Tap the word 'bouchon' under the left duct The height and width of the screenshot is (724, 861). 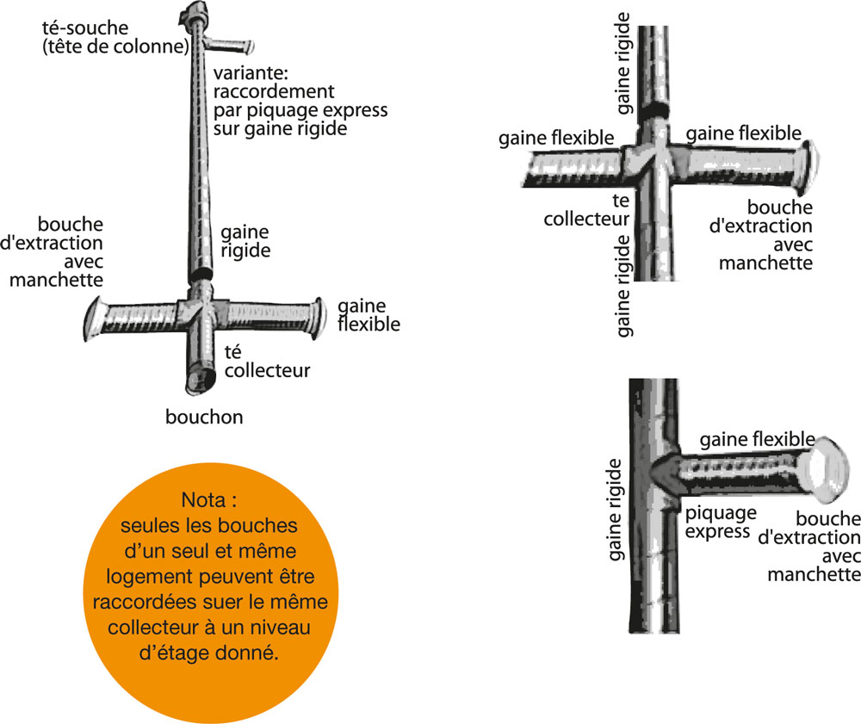204,418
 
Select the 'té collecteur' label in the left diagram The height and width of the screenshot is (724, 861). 266,362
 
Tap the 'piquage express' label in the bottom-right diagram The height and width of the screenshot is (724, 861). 721,523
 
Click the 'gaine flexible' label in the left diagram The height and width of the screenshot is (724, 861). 369,315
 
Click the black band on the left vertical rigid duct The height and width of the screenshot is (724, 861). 200,274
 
